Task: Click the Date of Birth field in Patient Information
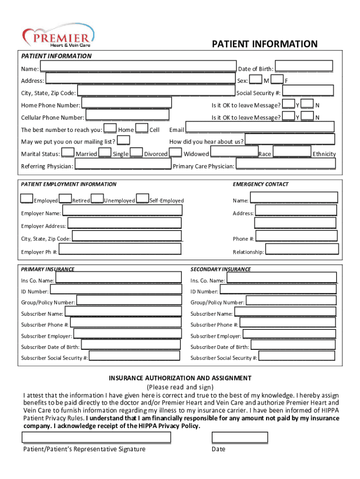tap(304, 66)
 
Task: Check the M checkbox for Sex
tap(255, 80)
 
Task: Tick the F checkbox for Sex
tap(277, 80)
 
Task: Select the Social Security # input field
tap(308, 91)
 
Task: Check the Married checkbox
tap(68, 152)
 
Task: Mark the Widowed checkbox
tap(176, 152)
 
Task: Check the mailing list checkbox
tap(123, 140)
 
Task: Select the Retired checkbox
tap(65, 199)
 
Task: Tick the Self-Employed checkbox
tap(143, 199)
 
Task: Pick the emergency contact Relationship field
tap(302, 249)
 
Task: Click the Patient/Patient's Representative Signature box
tap(96, 437)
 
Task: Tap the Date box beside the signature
tap(240, 437)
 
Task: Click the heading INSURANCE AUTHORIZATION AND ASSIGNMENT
tap(180, 378)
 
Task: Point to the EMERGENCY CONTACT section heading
tap(260, 184)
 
